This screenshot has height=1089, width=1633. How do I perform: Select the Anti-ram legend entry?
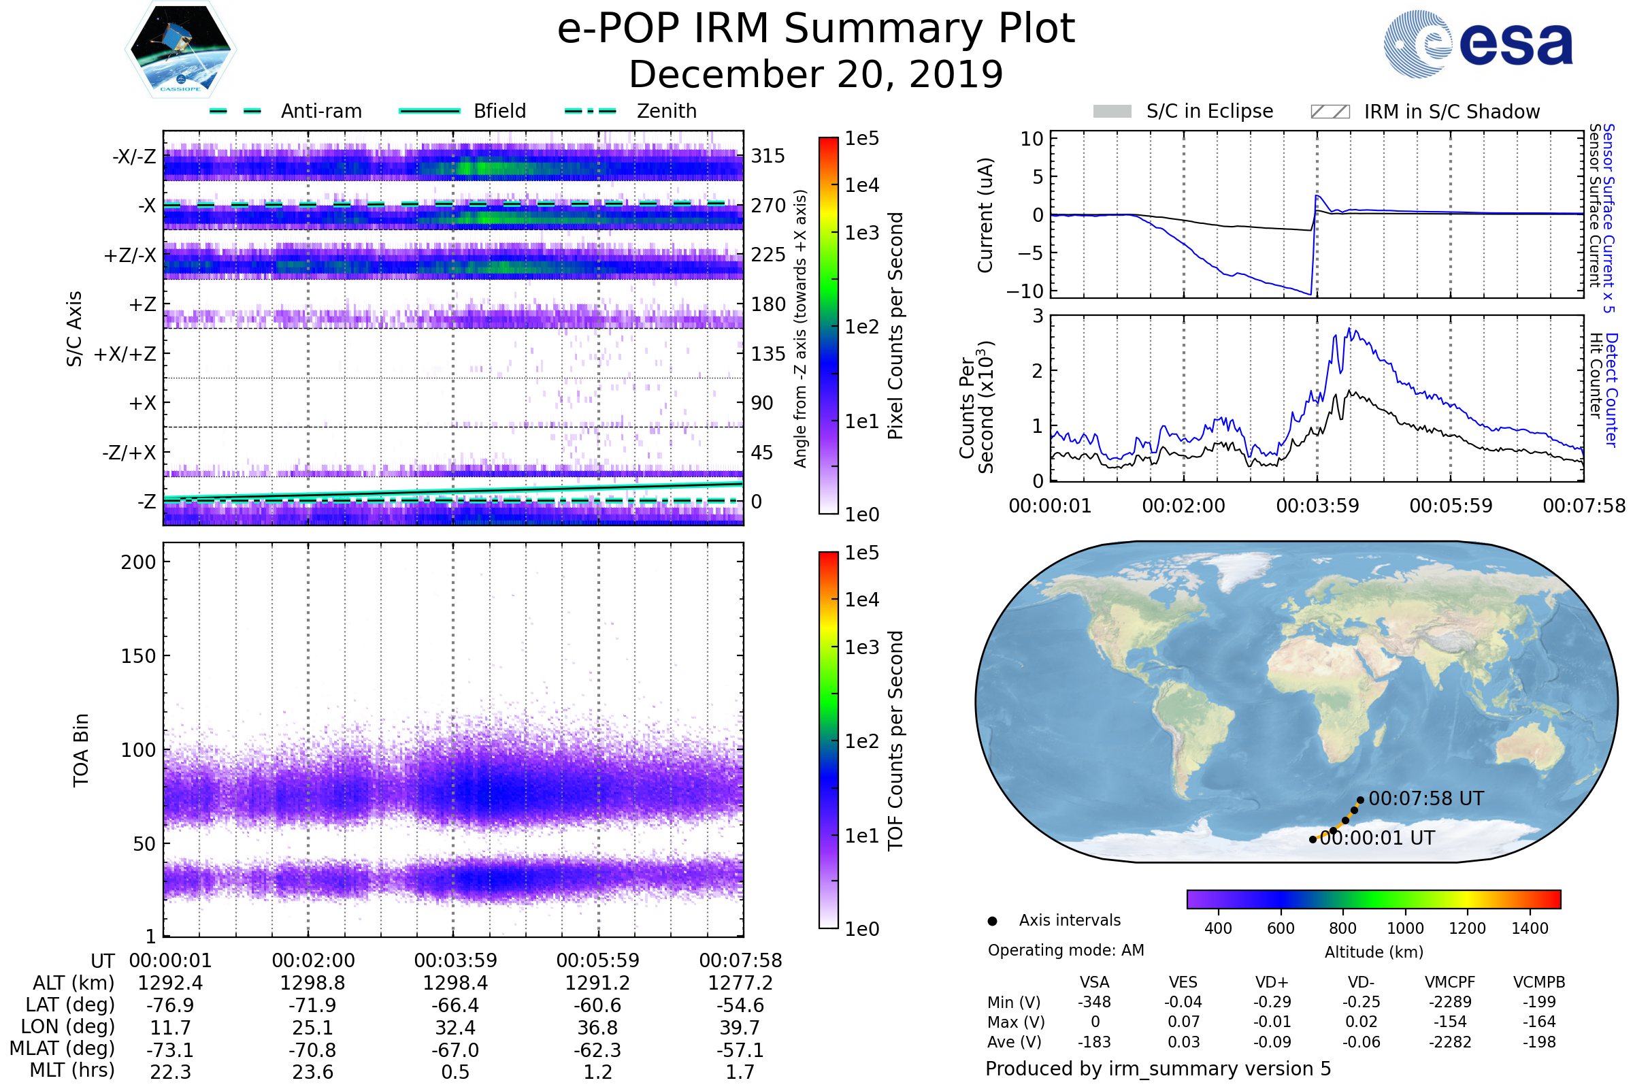[x=320, y=111]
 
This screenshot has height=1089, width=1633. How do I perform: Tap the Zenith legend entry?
[x=666, y=111]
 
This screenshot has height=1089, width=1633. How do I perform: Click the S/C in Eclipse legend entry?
[x=1209, y=111]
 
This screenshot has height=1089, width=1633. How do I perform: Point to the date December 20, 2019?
[x=816, y=74]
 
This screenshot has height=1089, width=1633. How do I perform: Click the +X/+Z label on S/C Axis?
[x=125, y=354]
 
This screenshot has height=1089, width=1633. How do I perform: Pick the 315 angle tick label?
[x=768, y=157]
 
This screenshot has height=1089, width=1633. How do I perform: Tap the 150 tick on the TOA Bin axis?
[x=138, y=656]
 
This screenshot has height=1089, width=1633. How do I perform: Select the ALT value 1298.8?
[x=313, y=983]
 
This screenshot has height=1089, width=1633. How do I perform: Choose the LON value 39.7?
[x=740, y=1027]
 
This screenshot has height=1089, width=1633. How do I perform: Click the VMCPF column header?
[x=1450, y=982]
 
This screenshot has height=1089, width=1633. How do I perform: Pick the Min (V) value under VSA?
[x=1094, y=1002]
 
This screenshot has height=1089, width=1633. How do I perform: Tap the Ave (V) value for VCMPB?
[x=1538, y=1042]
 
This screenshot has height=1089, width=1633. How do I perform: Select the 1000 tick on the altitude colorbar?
[x=1404, y=928]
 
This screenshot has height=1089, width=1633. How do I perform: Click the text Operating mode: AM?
[x=1066, y=950]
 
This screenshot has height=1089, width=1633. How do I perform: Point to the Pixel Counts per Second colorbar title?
[x=895, y=326]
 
